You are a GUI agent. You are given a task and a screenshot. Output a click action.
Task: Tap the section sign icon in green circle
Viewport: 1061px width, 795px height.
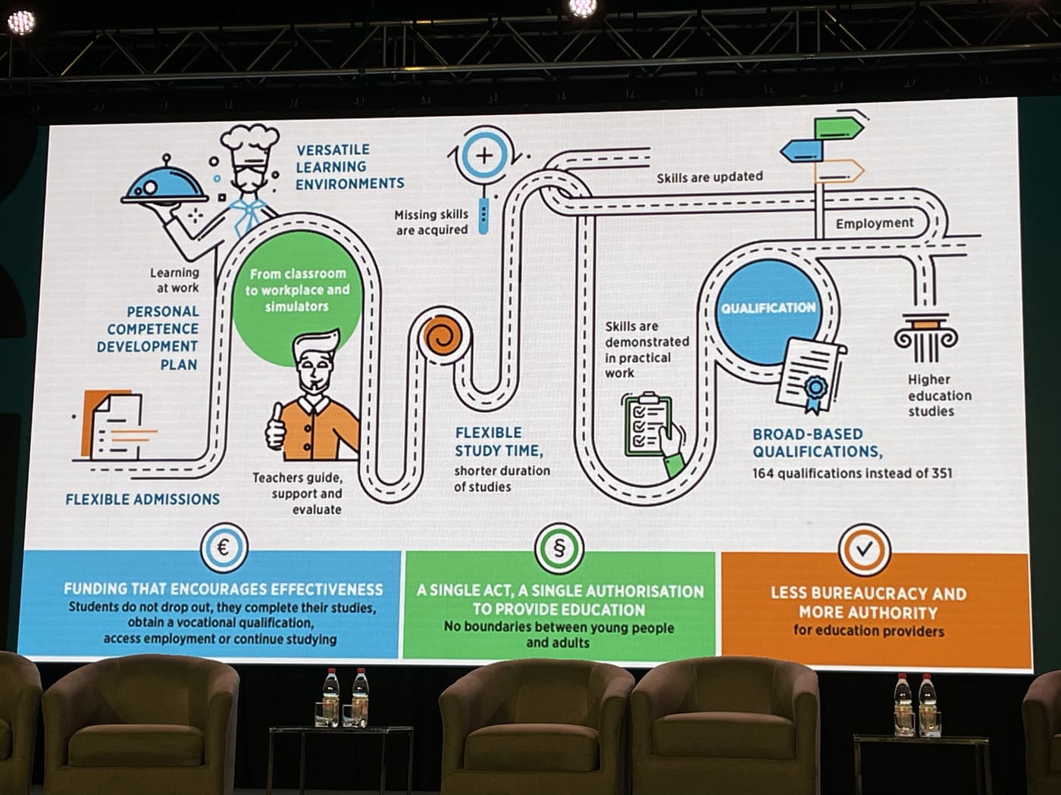[x=559, y=548]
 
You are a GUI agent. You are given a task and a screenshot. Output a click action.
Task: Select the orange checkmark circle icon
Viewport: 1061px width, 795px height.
[x=864, y=549]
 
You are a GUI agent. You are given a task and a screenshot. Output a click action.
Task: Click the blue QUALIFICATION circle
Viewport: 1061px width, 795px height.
[x=768, y=308]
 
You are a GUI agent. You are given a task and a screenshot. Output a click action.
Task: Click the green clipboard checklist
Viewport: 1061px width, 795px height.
[x=648, y=424]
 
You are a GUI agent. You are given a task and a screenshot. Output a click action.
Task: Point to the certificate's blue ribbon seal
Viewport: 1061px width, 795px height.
[x=815, y=389]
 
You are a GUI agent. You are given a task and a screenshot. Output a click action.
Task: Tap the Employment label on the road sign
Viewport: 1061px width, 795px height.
[x=875, y=223]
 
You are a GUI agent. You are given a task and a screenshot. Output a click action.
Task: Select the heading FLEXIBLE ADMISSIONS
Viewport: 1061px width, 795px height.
[x=142, y=499]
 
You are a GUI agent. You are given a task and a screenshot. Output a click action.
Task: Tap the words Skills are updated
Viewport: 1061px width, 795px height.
[x=709, y=177]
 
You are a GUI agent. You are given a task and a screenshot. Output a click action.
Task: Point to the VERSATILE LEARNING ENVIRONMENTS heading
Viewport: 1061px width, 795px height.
[x=349, y=167]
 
